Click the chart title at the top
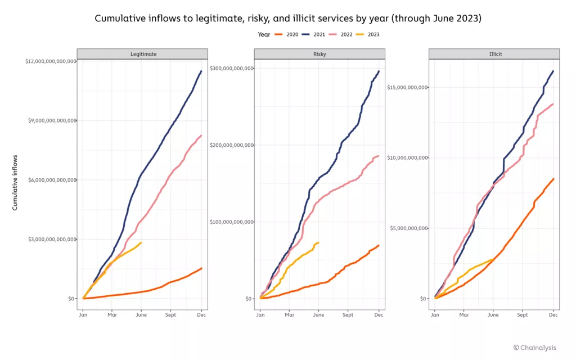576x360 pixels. click(288, 18)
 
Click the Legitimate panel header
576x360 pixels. click(142, 54)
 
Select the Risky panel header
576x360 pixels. click(319, 54)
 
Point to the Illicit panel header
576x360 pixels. click(494, 54)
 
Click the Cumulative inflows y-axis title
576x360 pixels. click(15, 183)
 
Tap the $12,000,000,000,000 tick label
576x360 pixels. click(50, 61)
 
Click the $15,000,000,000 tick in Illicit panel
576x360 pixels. click(408, 87)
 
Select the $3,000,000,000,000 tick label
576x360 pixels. click(52, 239)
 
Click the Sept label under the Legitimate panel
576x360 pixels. click(170, 315)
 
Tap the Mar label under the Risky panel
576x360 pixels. click(289, 315)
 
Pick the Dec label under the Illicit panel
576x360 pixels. click(553, 315)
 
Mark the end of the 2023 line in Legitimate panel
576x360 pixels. click(141, 243)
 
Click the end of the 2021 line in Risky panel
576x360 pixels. click(379, 71)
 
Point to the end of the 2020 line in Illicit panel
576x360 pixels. click(553, 179)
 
